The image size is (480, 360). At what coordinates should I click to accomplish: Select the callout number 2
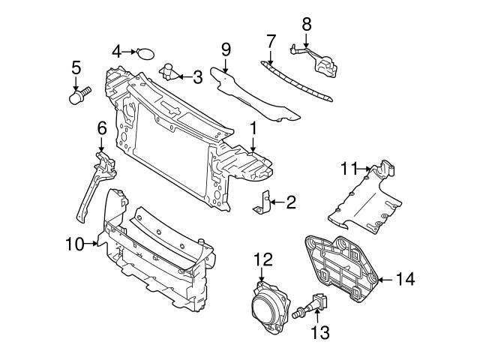291,201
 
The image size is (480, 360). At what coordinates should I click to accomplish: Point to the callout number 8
306,23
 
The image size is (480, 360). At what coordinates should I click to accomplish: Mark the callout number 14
405,280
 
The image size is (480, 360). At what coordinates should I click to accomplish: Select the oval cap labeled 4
145,52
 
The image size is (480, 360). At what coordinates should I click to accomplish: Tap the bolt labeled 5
76,97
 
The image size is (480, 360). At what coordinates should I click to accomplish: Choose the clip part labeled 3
170,73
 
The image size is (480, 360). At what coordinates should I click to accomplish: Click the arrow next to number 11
367,169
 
